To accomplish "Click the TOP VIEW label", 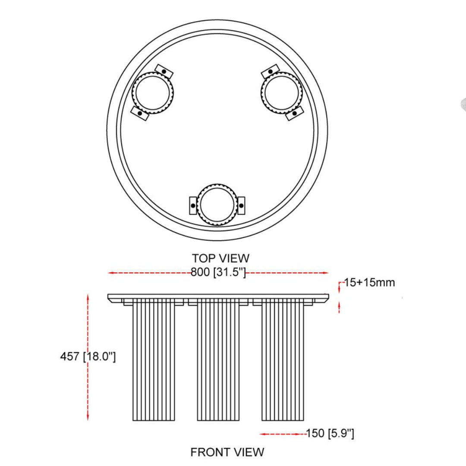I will coord(220,258).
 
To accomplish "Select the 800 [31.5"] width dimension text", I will coord(218,273).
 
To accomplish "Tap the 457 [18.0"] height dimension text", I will coord(88,357).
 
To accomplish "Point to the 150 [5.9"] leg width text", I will coord(330,433).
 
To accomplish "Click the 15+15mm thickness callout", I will coord(369,283).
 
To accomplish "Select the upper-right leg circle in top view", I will coord(282,93).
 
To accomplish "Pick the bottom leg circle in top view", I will coord(217,205).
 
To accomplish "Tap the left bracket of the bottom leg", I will coord(193,205).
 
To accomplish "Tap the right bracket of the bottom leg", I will coord(241,205).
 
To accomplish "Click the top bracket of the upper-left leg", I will coord(164,71).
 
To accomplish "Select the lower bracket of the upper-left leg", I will coord(140,113).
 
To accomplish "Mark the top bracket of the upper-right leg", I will coord(271,71).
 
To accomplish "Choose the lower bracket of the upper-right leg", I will coord(295,113).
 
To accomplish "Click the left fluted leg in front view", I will coord(154,360).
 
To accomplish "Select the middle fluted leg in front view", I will coord(218,360).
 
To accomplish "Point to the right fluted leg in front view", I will coord(283,360).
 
